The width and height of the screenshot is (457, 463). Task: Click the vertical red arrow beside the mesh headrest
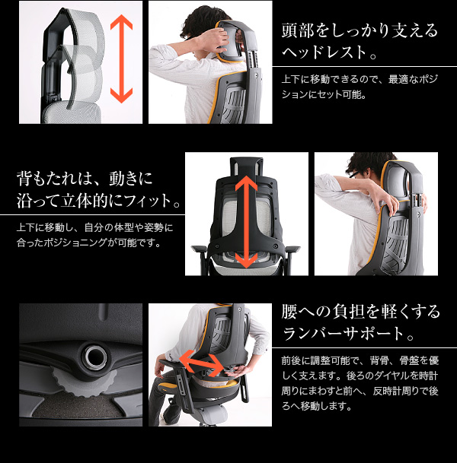point(121,59)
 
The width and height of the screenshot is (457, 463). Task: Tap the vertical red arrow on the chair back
point(246,221)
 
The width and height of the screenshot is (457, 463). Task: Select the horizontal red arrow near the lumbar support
point(202,363)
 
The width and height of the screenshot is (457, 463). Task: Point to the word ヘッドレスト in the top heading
point(324,52)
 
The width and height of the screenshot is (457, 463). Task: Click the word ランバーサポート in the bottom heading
point(343,334)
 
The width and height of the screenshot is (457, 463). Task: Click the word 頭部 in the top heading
point(296,30)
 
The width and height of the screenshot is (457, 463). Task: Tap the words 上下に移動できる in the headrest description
point(318,79)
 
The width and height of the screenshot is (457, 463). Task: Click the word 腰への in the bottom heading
point(306,312)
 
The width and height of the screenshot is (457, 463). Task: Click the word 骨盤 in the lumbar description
point(408,361)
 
